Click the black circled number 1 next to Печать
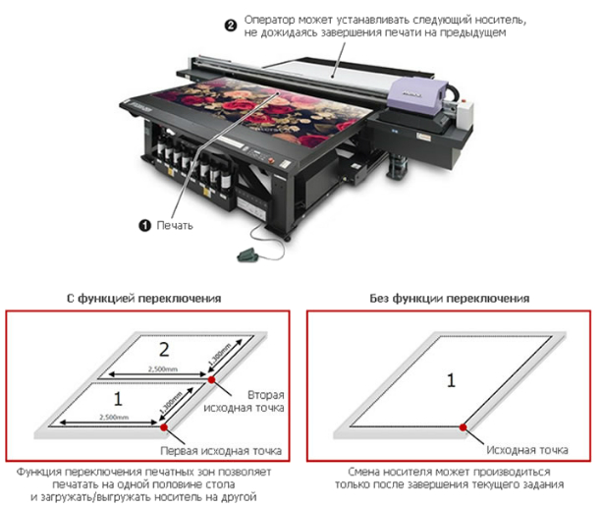pyautogui.click(x=145, y=225)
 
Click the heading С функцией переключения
pyautogui.click(x=150, y=298)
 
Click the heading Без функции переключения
pyautogui.click(x=451, y=298)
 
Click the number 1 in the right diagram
pyautogui.click(x=450, y=378)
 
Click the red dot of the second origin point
pyautogui.click(x=210, y=377)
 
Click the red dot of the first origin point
pyautogui.click(x=161, y=428)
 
